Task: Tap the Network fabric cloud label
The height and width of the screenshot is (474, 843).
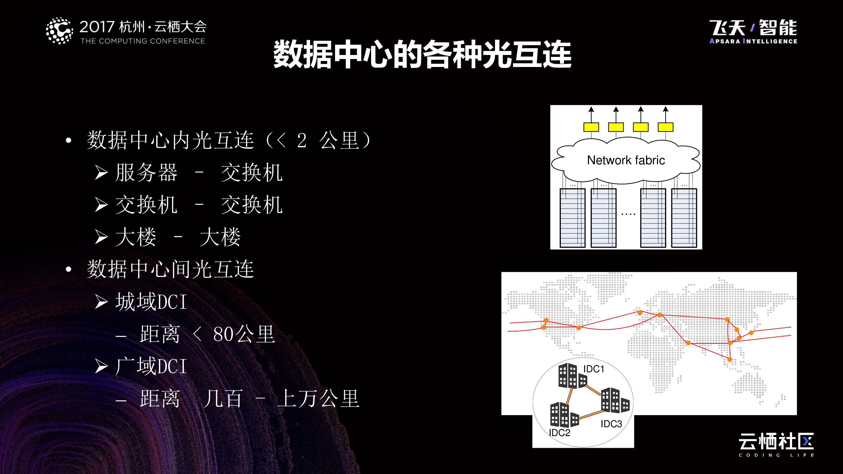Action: click(x=626, y=160)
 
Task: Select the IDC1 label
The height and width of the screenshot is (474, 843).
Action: click(x=594, y=369)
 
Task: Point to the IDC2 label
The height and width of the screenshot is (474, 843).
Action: click(x=559, y=433)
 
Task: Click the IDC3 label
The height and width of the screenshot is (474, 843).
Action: click(x=611, y=424)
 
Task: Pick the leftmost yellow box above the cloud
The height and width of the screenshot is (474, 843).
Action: click(x=591, y=127)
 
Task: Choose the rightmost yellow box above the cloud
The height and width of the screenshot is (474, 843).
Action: click(x=665, y=127)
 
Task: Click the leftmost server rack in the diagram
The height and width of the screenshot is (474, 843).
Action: click(x=572, y=218)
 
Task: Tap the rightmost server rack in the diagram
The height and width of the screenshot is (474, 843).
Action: click(x=684, y=218)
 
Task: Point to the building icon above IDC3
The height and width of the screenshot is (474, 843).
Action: click(x=614, y=400)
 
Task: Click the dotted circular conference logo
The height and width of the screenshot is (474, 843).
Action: click(x=59, y=31)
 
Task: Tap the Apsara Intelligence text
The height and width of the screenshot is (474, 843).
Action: click(x=753, y=41)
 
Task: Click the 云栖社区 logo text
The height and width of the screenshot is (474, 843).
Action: click(x=776, y=442)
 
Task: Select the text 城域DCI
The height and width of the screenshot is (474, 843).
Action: click(x=151, y=301)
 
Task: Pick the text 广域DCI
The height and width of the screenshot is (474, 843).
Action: click(x=151, y=366)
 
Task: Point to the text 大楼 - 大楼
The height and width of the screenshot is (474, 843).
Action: click(x=178, y=237)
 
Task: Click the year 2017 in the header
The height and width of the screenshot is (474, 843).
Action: click(x=97, y=27)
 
